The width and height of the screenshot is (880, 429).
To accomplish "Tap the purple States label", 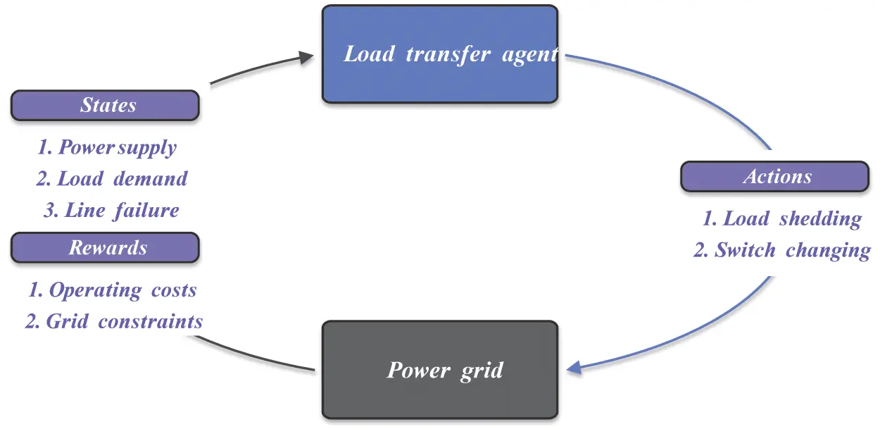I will point(106,106).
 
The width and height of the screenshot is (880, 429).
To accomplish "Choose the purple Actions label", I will point(774,177).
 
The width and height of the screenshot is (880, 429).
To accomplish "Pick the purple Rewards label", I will point(106,248).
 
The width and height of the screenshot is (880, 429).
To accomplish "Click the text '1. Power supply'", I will point(107,147).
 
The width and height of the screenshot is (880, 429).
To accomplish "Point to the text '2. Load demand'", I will point(112,179).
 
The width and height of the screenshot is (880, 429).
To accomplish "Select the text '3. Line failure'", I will point(111,210).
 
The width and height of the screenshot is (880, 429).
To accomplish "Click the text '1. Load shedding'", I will point(782,218).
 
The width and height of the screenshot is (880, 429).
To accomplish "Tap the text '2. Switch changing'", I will point(782,250).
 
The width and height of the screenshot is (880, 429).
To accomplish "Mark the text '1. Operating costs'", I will point(113,290).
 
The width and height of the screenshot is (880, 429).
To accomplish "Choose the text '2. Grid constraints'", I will point(114,322).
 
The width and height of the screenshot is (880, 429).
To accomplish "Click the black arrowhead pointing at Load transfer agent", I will point(306,57).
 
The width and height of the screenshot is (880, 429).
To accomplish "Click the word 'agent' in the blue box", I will point(529,54).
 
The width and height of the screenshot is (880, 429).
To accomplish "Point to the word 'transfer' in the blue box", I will point(448,54).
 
